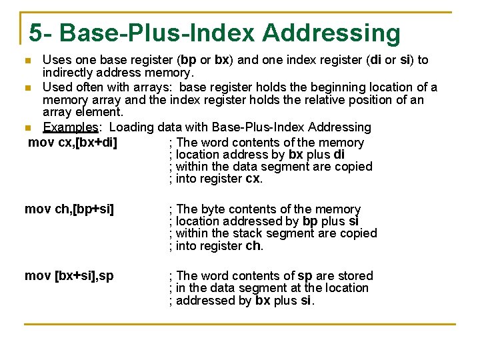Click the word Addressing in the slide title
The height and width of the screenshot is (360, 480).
pos(331,33)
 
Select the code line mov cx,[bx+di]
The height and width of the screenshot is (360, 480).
pos(74,142)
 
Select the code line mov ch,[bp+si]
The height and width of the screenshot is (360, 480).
pos(69,209)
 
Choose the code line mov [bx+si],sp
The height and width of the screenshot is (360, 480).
pos(69,276)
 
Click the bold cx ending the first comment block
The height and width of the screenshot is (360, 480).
pos(253,179)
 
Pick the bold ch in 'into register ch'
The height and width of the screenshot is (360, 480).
pos(253,245)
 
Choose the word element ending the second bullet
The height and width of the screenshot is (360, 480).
pos(99,112)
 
